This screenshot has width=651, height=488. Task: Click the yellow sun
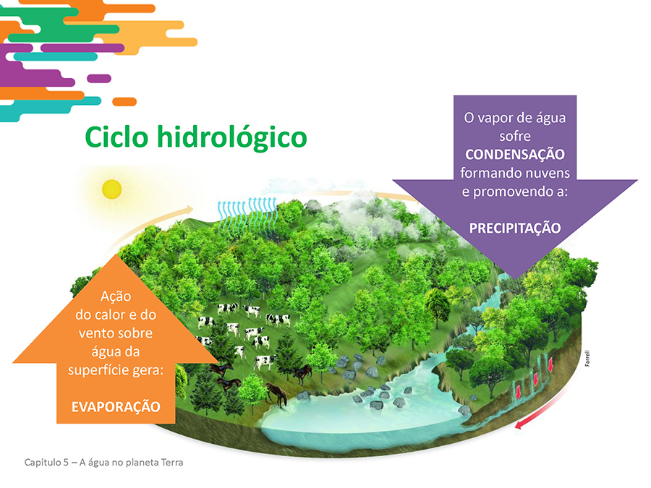(111, 189)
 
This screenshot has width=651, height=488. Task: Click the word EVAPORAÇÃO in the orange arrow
(116, 406)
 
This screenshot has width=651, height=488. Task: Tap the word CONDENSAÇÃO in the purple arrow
(515, 155)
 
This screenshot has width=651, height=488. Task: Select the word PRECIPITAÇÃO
(515, 228)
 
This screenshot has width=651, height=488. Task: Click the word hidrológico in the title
(231, 137)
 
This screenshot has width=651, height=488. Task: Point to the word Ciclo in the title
(116, 137)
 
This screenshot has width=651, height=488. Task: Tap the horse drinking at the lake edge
(277, 393)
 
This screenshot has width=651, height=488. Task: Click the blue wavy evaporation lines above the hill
(247, 215)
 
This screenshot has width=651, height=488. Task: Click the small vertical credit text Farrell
(587, 358)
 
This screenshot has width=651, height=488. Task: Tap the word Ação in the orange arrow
(116, 296)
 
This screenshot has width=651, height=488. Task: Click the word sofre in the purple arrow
(515, 136)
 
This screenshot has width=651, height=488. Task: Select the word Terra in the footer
(172, 462)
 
